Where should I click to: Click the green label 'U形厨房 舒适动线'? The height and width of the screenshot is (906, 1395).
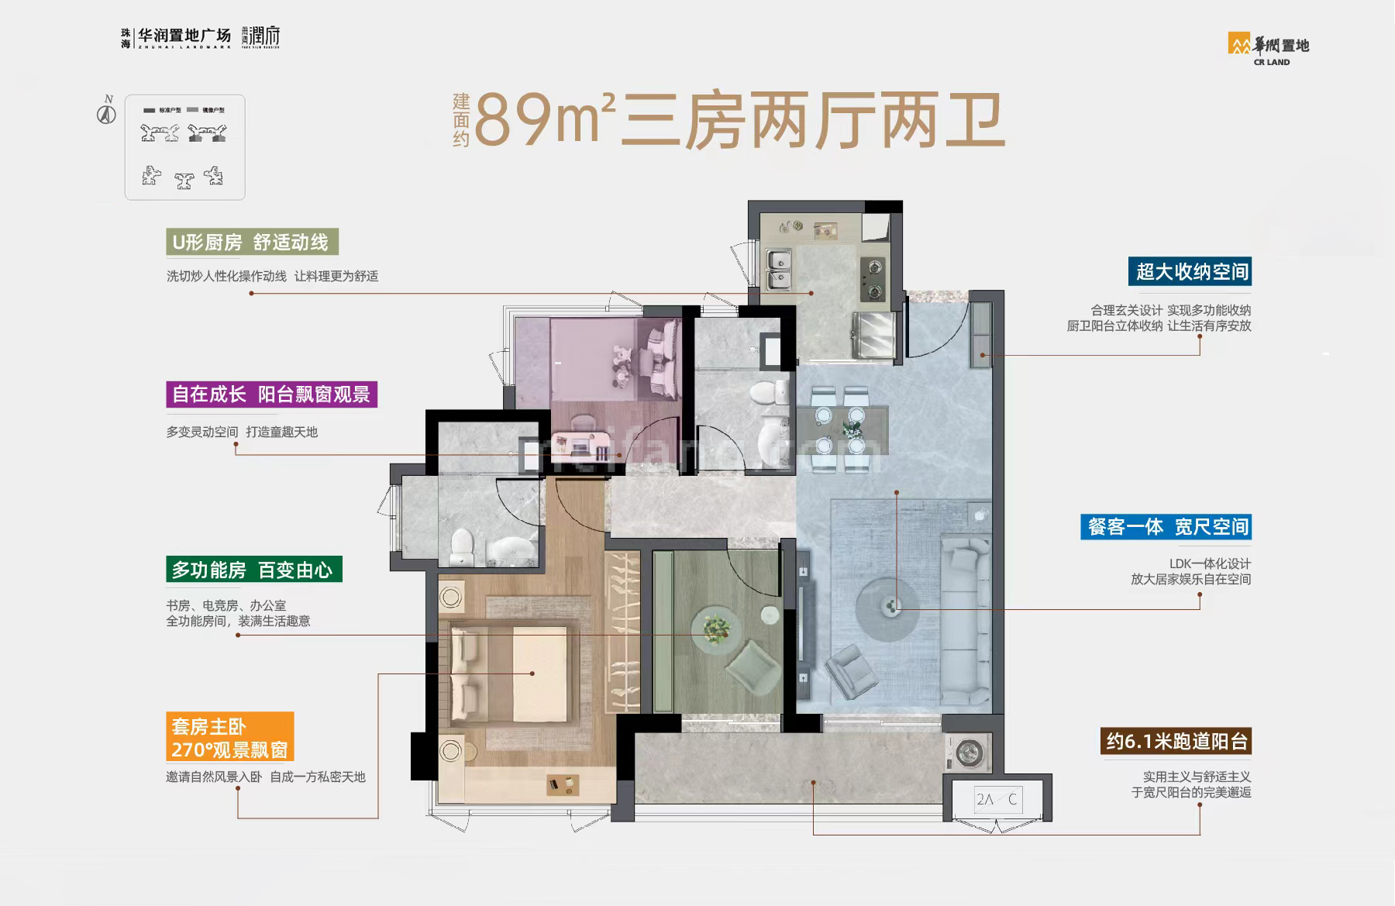tap(252, 243)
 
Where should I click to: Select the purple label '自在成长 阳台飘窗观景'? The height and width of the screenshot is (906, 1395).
tap(271, 394)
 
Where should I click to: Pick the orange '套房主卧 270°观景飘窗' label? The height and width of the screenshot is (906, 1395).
tap(229, 737)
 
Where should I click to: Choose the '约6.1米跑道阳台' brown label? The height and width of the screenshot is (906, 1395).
tap(1176, 742)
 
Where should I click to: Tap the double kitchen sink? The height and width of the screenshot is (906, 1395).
tap(778, 269)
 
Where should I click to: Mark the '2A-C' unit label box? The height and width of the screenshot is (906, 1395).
tap(997, 799)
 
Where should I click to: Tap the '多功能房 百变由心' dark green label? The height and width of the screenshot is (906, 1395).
tap(253, 570)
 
